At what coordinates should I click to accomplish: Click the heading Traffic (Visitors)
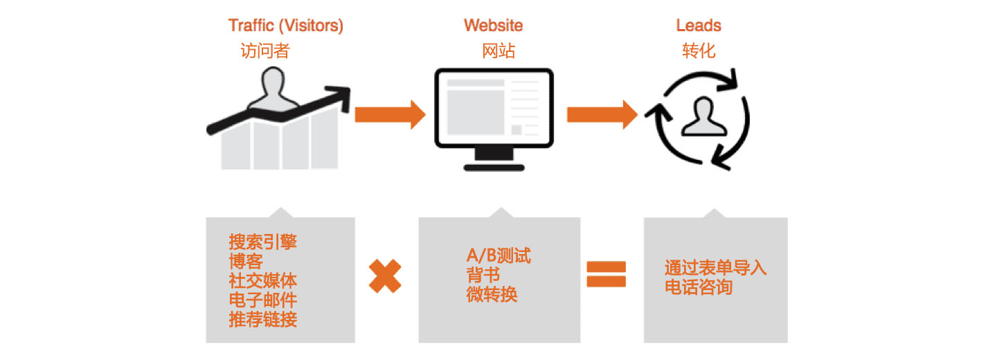tap(286, 26)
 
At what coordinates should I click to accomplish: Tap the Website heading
tap(493, 26)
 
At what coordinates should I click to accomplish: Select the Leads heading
tap(699, 26)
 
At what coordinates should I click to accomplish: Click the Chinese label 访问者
tap(265, 51)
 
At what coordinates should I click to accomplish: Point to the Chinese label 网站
tap(498, 51)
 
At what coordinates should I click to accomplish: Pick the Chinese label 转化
tap(699, 51)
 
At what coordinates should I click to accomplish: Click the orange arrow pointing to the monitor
tap(390, 115)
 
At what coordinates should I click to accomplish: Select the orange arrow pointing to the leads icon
tap(602, 115)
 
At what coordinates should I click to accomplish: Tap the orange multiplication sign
tap(385, 276)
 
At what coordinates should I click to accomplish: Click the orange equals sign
tap(607, 274)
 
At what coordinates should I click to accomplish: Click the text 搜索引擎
tap(262, 242)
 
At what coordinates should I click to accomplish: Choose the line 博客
tap(246, 261)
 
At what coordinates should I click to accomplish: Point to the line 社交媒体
tap(262, 281)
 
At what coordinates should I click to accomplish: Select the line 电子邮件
tap(262, 300)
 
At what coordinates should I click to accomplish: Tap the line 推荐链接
tap(262, 320)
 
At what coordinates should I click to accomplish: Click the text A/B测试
tap(498, 256)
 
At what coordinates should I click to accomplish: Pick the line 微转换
tap(492, 294)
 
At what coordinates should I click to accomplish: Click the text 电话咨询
tap(699, 287)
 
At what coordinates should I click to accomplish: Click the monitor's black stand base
tap(494, 168)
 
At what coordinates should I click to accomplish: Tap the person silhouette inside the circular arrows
tap(704, 117)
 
